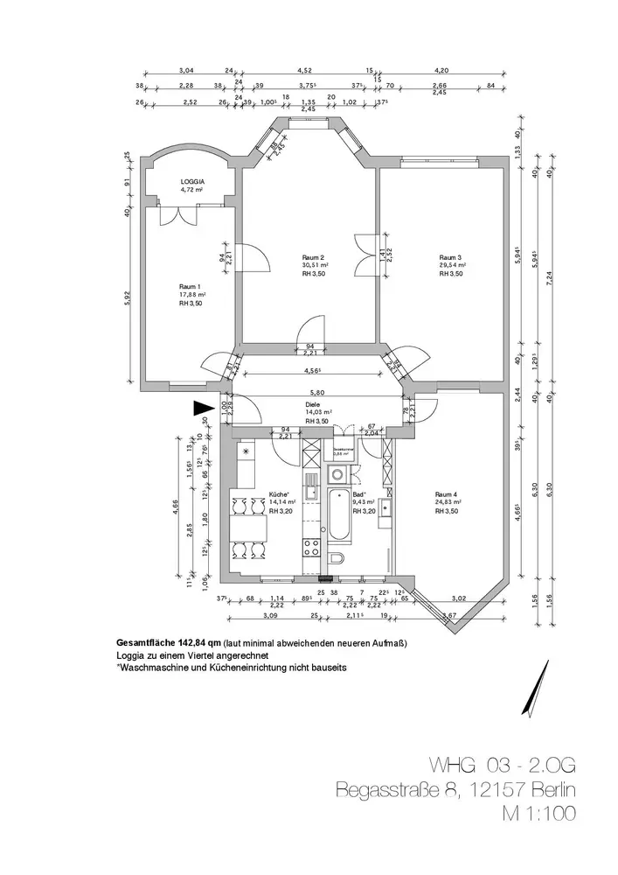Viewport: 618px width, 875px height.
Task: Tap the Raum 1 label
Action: [x=191, y=287]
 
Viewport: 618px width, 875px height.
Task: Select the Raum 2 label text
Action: [x=314, y=257]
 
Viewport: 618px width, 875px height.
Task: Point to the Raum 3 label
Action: [x=450, y=257]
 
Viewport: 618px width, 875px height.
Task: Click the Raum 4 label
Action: [x=447, y=494]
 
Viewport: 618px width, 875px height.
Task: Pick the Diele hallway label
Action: [x=312, y=405]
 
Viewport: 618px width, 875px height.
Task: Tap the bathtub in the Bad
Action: [x=337, y=516]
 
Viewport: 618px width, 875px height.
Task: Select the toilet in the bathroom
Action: [x=338, y=560]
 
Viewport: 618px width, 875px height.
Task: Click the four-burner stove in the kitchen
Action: [x=311, y=549]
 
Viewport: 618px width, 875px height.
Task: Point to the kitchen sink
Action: [x=311, y=484]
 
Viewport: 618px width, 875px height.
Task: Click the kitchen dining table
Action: [x=249, y=528]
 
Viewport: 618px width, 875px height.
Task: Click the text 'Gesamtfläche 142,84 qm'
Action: [x=168, y=643]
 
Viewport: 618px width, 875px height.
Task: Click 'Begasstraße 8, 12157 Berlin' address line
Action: [x=456, y=790]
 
